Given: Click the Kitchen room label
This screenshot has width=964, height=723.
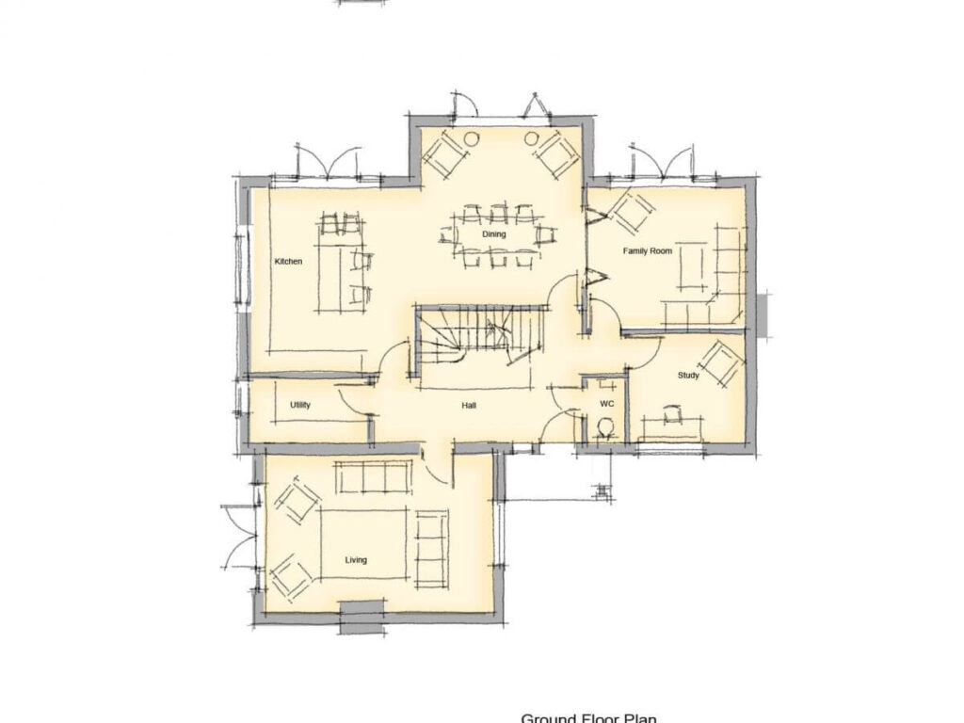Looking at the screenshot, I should tap(288, 261).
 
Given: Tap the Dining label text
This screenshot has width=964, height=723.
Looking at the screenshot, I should tap(494, 234).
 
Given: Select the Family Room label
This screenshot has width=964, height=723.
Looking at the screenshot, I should tap(647, 251).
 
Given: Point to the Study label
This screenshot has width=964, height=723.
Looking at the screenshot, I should tap(688, 376).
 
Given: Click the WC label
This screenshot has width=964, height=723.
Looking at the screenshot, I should tap(607, 403).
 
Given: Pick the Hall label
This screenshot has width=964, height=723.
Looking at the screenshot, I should tap(468, 405).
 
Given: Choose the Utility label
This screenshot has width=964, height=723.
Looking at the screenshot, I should tap(300, 405).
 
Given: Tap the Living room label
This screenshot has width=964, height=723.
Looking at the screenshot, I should tap(356, 560).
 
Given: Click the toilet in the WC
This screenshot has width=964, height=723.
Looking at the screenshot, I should tap(606, 428).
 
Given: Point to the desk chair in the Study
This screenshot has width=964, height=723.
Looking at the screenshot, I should tap(672, 413).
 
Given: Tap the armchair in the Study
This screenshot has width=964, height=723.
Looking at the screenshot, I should tap(722, 363).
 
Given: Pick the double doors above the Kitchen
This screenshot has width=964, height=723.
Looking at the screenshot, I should tap(327, 162).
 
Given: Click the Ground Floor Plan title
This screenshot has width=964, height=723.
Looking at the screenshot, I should tap(588, 717).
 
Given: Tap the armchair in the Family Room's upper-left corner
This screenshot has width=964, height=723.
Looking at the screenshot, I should tap(630, 210).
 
